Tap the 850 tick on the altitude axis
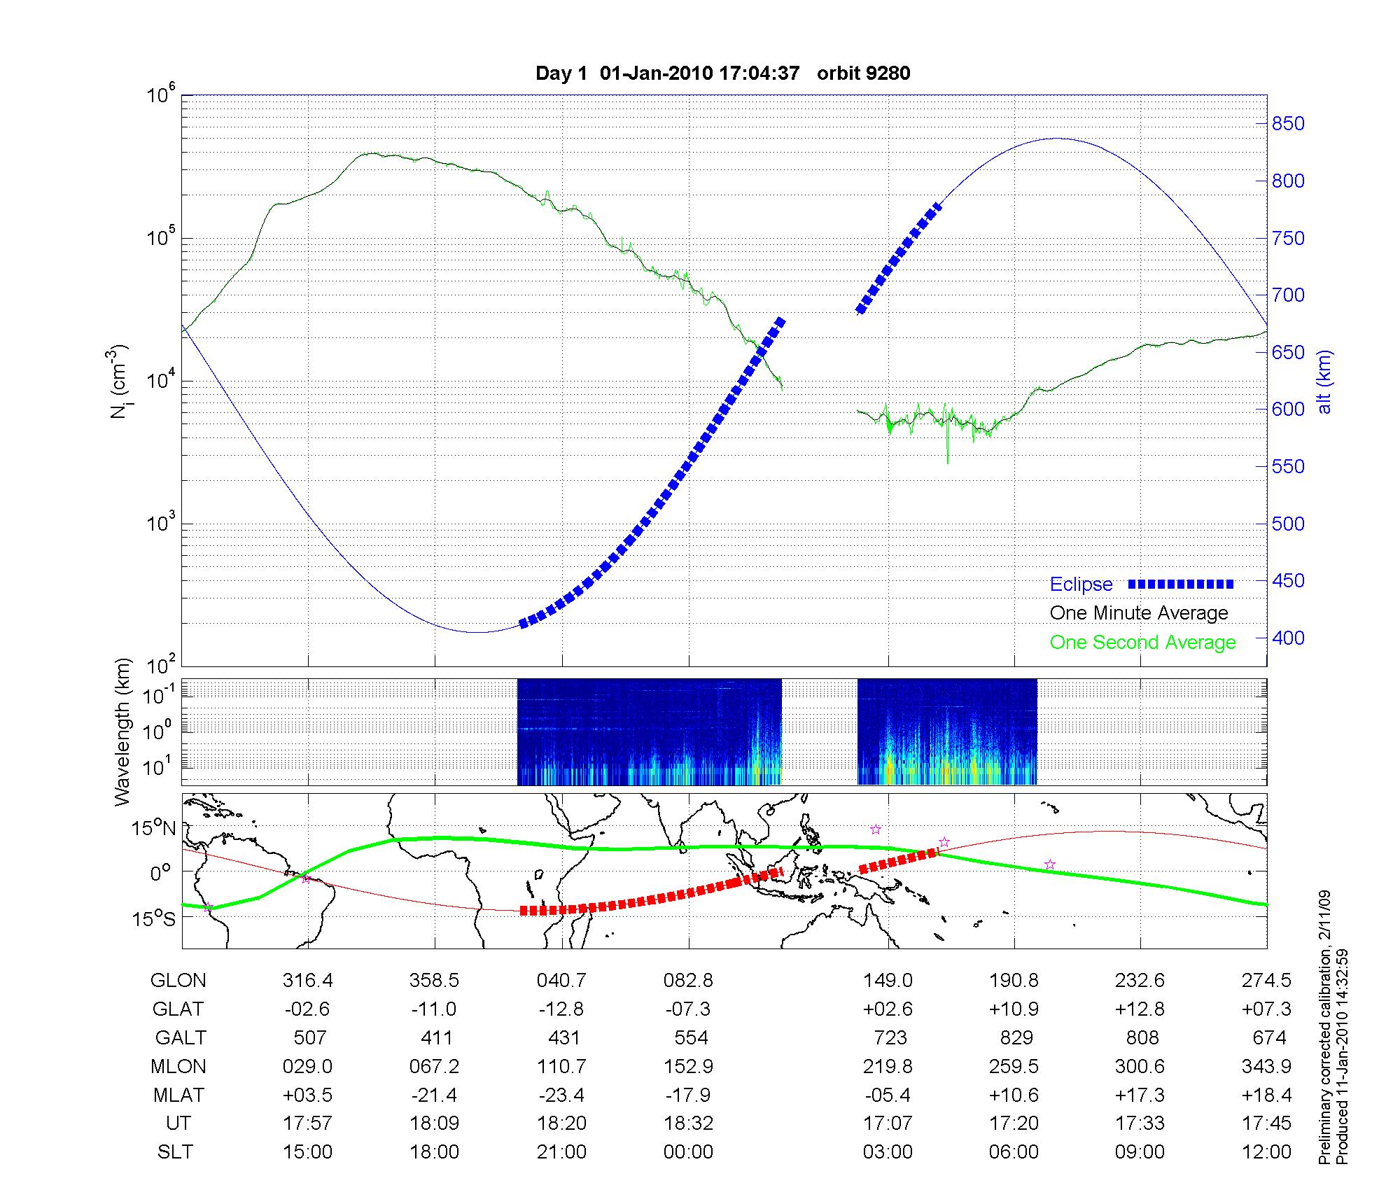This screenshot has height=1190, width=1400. [1289, 124]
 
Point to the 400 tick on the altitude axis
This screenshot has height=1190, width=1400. [1289, 638]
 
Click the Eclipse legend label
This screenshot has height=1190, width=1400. [1081, 584]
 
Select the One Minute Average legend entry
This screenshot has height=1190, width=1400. [1139, 613]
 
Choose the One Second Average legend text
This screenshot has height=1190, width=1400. [1142, 643]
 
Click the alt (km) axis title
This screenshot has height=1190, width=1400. [1324, 381]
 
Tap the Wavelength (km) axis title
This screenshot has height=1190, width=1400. [122, 731]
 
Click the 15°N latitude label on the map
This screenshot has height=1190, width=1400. [155, 829]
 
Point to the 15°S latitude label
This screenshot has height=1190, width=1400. [155, 918]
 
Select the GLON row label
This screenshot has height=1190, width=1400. [178, 981]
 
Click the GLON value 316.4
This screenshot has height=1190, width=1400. [308, 981]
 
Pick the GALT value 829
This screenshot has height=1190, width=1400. [1016, 1037]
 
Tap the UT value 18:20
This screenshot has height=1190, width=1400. [561, 1123]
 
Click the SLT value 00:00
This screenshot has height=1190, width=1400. [688, 1152]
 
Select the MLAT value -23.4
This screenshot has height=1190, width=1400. [561, 1095]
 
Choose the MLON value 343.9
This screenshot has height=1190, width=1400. [1267, 1066]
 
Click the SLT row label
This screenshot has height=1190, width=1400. [175, 1152]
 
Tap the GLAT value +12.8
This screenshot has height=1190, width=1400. [1140, 1009]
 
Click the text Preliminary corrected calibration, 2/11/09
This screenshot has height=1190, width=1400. [1325, 1028]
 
